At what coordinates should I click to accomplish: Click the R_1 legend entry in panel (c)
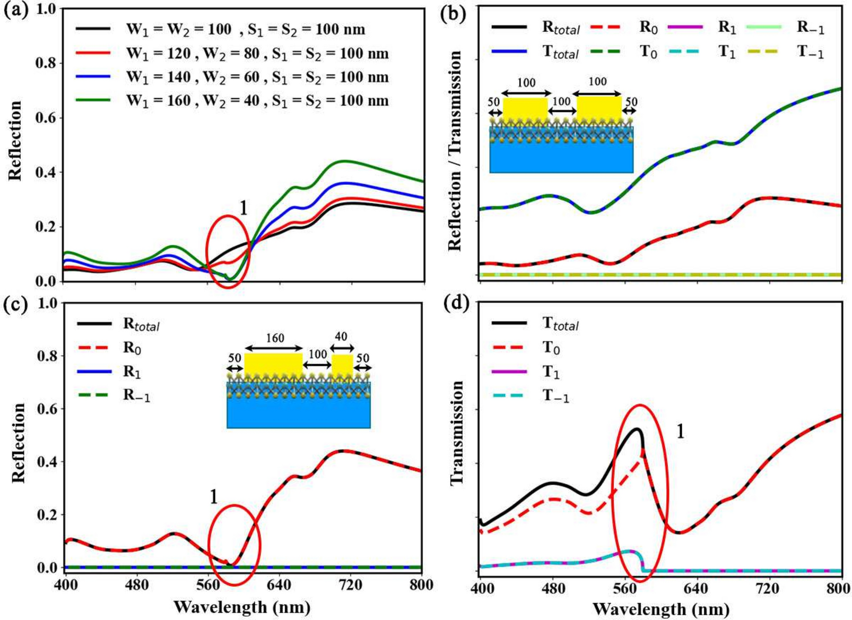coord(132,372)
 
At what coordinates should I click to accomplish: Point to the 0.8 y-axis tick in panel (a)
coord(46,63)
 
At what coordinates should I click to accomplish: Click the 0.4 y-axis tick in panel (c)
coord(46,461)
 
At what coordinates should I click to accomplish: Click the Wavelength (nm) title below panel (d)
coord(660,608)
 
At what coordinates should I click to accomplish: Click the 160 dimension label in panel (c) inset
coord(275,338)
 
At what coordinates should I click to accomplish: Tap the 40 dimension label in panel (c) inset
coord(341,337)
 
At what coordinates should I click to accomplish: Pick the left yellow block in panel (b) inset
coord(525,110)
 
